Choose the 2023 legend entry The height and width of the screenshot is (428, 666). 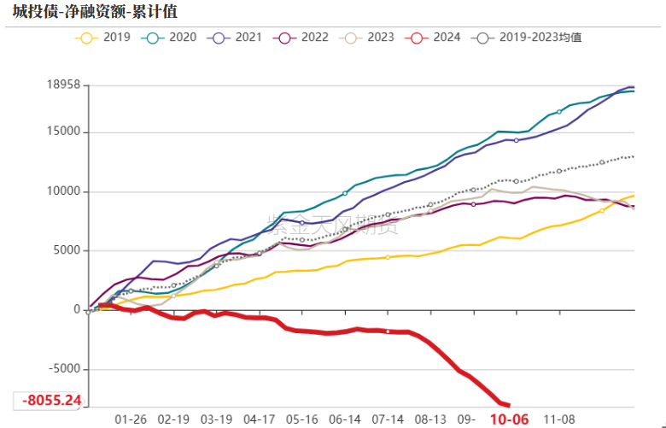click(381, 38)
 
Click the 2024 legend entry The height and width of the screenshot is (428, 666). click(447, 38)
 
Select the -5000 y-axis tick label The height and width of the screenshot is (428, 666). click(61, 369)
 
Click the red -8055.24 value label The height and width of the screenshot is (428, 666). click(51, 400)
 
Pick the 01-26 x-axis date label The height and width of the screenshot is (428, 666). click(131, 419)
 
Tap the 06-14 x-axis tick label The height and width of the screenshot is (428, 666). click(345, 419)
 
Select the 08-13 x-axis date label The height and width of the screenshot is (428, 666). click(430, 419)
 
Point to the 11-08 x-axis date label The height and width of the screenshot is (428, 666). click(560, 419)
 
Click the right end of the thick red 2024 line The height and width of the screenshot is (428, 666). click(509, 405)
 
